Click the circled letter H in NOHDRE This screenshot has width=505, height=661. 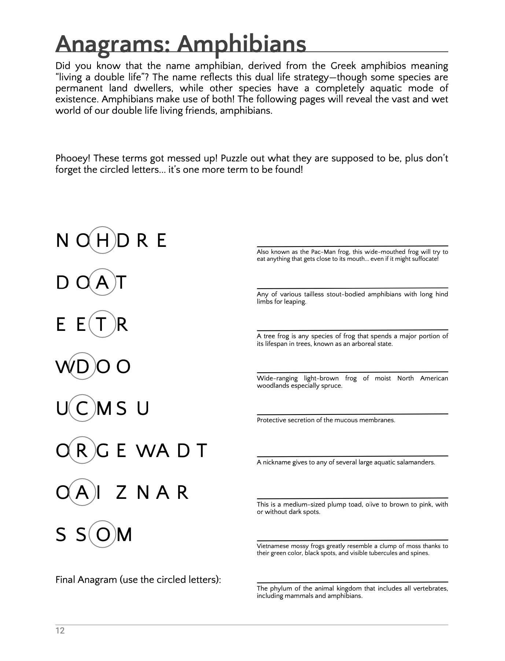(103, 240)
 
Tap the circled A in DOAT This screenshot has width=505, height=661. (103, 282)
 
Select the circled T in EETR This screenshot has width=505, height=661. (103, 324)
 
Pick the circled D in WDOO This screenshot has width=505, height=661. (82, 366)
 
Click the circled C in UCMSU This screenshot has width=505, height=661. (82, 408)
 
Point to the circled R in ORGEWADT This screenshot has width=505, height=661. (82, 450)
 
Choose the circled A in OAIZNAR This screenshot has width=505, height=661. (82, 492)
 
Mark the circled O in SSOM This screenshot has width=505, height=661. (103, 534)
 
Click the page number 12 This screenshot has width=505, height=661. (60, 631)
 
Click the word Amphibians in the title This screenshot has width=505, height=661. (242, 44)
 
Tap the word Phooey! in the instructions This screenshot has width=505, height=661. (73, 158)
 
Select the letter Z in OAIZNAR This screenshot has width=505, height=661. (121, 492)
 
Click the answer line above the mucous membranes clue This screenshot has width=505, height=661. (352, 414)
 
